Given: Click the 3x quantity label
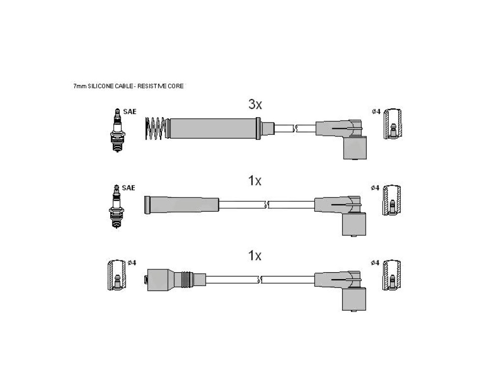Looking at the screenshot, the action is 255,104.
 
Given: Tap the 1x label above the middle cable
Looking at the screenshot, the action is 254,181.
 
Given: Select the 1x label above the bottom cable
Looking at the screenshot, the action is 254,256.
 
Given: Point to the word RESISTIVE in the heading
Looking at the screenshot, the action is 152,86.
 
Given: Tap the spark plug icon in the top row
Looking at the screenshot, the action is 118,130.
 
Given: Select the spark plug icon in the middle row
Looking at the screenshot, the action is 116,206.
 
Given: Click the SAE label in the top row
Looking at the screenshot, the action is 130,112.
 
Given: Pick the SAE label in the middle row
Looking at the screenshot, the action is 128,188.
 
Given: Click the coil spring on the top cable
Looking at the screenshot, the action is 156,128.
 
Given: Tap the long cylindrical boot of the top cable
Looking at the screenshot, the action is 214,128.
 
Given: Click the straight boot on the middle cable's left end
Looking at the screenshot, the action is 182,204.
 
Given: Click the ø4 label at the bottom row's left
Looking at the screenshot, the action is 132,263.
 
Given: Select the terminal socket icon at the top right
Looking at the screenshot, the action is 392,124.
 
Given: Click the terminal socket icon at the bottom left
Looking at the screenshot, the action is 117,275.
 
